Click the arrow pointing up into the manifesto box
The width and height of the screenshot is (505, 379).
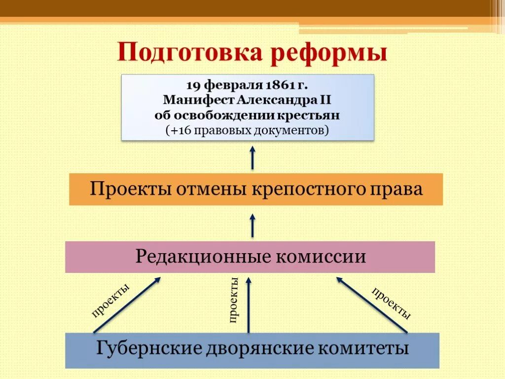(x=252, y=157)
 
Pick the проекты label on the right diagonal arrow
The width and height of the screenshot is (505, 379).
(x=391, y=303)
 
